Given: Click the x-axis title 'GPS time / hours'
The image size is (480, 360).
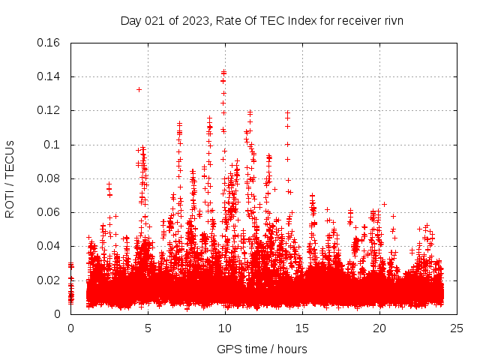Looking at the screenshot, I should [x=262, y=349].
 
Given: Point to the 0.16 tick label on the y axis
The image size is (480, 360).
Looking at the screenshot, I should [x=49, y=43].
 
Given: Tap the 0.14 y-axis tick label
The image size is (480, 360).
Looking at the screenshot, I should [x=49, y=76].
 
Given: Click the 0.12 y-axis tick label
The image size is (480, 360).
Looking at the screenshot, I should [x=49, y=110].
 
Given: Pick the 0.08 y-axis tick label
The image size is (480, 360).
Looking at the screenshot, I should [x=49, y=178].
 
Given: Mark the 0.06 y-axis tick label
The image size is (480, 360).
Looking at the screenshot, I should [x=49, y=212].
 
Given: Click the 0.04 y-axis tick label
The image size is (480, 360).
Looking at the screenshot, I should [x=49, y=246].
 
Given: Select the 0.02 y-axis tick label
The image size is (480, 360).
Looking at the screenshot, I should [x=49, y=280].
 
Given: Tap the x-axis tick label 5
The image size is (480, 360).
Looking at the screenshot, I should [x=148, y=328].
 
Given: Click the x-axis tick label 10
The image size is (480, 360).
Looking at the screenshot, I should [x=225, y=328].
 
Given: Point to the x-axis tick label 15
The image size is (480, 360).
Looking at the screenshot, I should [x=302, y=328].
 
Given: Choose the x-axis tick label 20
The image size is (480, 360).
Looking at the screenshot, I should [x=379, y=328].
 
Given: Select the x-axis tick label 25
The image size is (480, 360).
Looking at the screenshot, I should [x=457, y=328].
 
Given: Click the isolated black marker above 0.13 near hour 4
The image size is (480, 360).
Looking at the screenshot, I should [x=139, y=89].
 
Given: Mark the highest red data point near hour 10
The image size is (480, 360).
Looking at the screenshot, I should [x=223, y=72].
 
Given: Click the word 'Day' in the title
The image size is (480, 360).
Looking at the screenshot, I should [x=130, y=20].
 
